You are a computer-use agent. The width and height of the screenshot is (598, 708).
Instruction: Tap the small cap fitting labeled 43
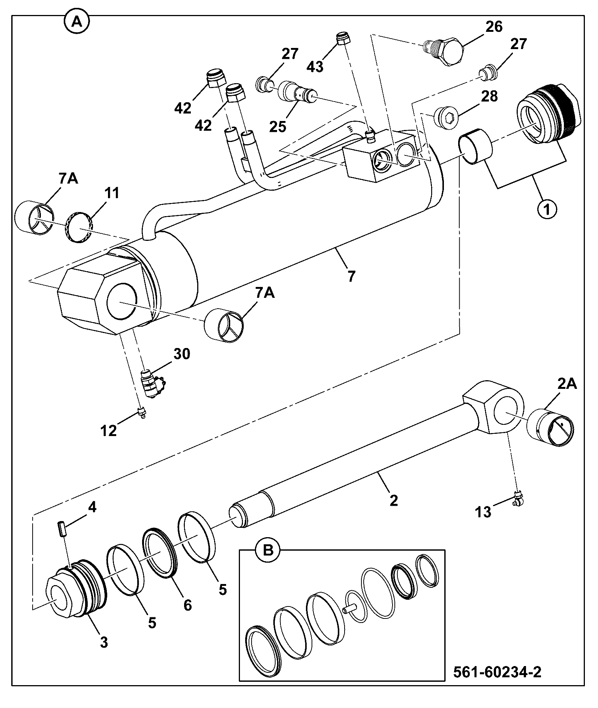pos(343,38)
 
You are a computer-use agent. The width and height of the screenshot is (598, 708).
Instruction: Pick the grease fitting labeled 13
pos(518,498)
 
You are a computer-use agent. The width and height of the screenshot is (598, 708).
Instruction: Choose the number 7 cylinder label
pos(351,276)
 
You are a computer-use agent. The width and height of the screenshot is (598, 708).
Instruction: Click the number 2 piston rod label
pos(393,500)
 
